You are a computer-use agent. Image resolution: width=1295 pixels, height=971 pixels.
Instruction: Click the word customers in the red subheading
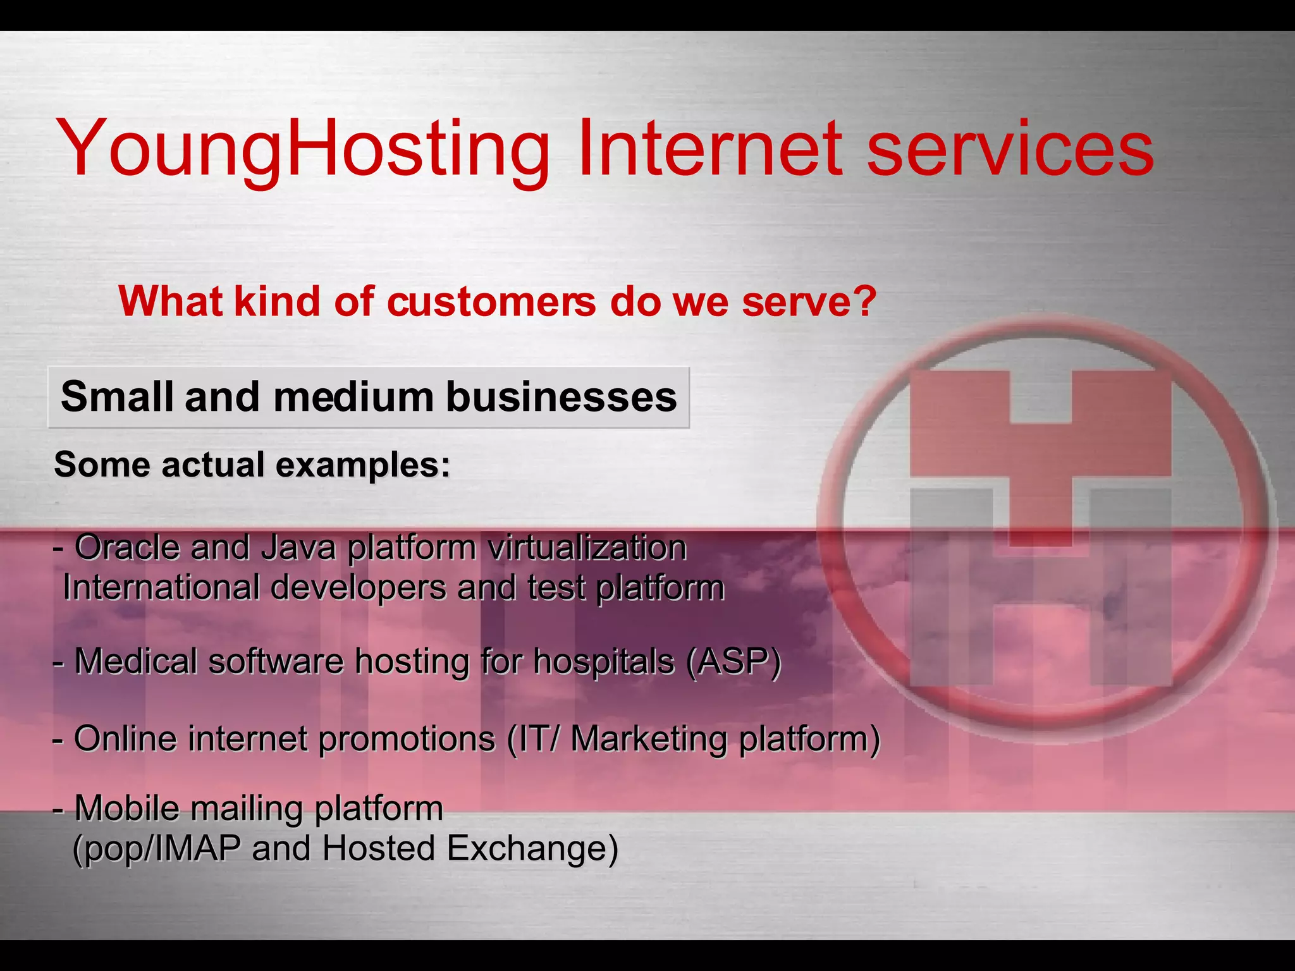[491, 302]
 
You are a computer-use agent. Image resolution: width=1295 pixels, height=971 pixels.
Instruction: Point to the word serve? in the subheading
[809, 302]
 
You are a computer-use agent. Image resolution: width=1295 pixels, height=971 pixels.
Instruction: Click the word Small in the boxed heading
[116, 397]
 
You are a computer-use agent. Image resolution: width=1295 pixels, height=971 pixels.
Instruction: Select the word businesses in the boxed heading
[561, 397]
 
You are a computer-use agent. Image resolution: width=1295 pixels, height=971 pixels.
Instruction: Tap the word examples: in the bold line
[363, 465]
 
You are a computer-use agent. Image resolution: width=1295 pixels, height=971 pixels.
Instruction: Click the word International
[161, 588]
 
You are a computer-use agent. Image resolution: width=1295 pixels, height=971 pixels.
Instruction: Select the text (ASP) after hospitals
[733, 663]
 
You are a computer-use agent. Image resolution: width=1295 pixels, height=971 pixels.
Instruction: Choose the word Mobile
[127, 808]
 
